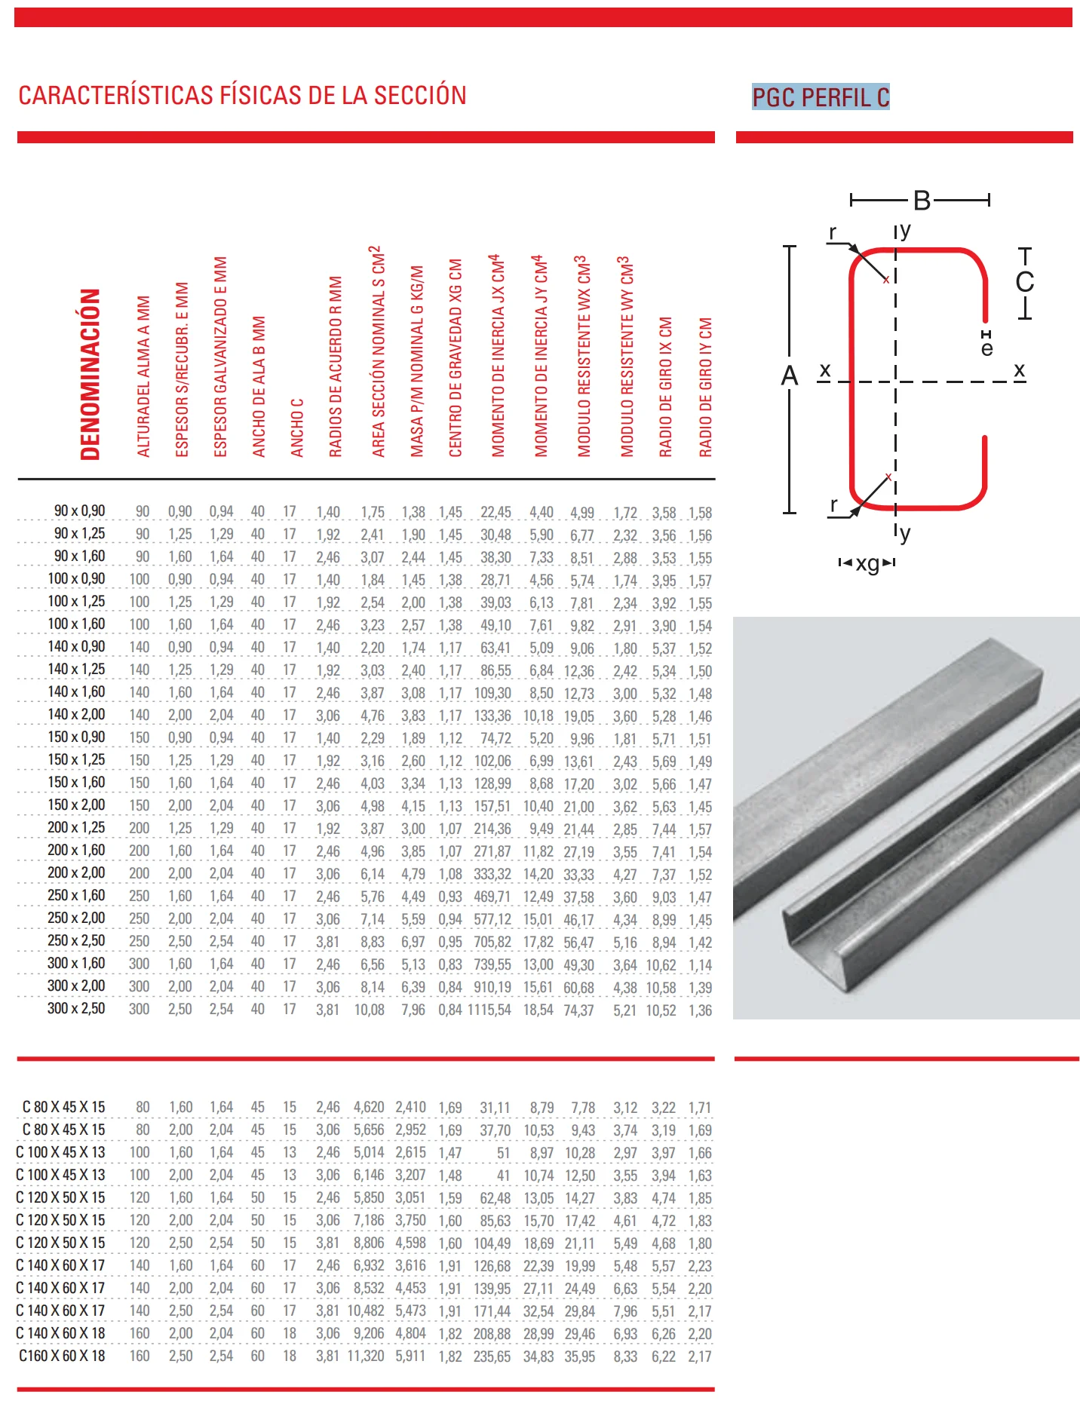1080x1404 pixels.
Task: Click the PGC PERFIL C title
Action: point(821,97)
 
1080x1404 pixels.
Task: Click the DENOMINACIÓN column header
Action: point(91,375)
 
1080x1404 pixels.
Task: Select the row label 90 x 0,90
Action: point(79,511)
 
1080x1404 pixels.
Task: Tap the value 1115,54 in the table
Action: point(489,1010)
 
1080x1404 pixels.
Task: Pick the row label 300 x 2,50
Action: point(76,1009)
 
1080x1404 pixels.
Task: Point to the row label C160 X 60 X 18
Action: point(62,1356)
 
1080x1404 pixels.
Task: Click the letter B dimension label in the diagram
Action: point(922,201)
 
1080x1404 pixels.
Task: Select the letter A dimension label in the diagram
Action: point(789,376)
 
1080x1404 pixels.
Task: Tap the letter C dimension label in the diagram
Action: point(1024,282)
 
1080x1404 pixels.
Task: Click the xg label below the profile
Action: point(867,563)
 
